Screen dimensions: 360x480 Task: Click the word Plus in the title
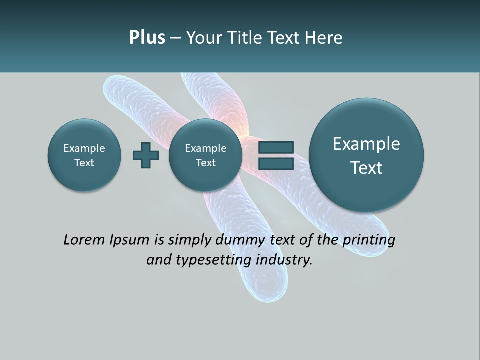(147, 37)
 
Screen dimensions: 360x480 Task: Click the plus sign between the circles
(146, 155)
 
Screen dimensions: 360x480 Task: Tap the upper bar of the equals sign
(275, 148)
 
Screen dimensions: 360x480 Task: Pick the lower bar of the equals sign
(275, 164)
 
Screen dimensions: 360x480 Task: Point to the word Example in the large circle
(366, 144)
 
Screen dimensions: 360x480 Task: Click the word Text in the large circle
(366, 168)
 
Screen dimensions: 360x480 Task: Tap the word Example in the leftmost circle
(84, 148)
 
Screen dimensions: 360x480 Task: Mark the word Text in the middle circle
(205, 163)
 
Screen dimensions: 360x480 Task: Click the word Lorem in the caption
(84, 240)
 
